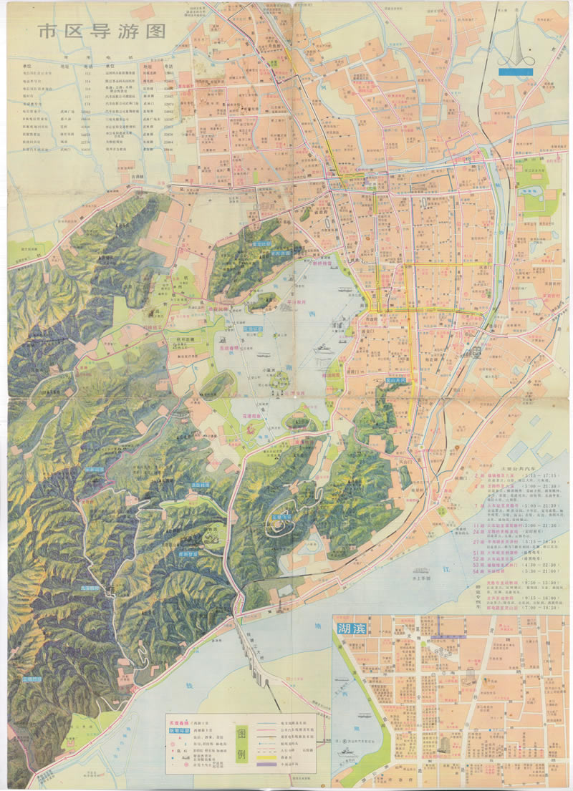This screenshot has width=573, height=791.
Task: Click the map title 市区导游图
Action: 102,32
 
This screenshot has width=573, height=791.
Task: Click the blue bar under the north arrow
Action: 517,71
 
